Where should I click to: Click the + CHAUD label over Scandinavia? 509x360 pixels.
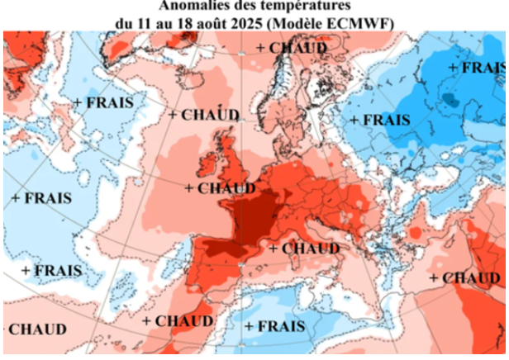[291, 48]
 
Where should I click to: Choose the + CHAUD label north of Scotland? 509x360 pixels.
[204, 115]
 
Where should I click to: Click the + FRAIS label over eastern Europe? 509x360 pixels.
[380, 120]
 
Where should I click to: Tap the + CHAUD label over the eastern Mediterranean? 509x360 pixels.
[464, 278]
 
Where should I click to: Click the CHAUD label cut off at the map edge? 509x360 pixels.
[36, 329]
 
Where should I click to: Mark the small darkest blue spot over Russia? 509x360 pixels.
[448, 99]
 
